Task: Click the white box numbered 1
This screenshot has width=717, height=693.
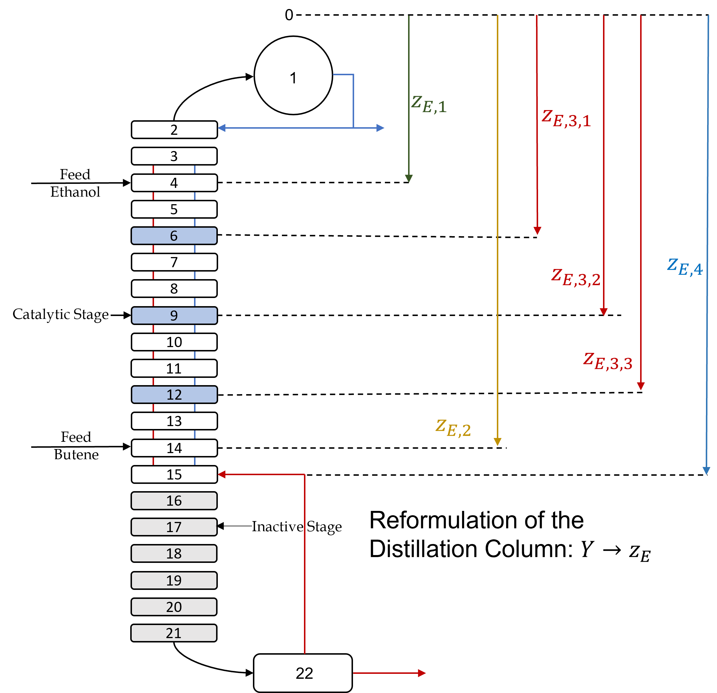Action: coord(293,77)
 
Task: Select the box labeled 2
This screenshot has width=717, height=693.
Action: coord(174,130)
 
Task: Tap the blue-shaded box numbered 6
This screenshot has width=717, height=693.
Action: coord(174,236)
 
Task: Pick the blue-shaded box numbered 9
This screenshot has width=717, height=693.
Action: coord(174,315)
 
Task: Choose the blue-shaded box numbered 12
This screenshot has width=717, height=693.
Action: coord(174,394)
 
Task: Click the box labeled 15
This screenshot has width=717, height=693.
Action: coord(174,474)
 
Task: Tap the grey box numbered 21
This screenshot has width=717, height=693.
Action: coord(174,633)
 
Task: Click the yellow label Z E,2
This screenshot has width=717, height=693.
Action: coord(453,428)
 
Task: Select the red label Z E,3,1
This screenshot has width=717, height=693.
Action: coord(566,119)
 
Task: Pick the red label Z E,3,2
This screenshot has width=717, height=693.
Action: coord(575,278)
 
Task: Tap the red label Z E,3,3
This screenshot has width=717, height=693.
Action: coord(608,362)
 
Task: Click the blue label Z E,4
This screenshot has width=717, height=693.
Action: coord(685,267)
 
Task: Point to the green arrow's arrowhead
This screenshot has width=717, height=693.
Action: coord(409,178)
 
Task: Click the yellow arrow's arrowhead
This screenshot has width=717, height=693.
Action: coord(497,442)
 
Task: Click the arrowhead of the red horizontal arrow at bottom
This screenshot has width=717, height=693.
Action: coord(422,673)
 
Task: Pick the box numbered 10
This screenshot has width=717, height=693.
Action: coord(174,342)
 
